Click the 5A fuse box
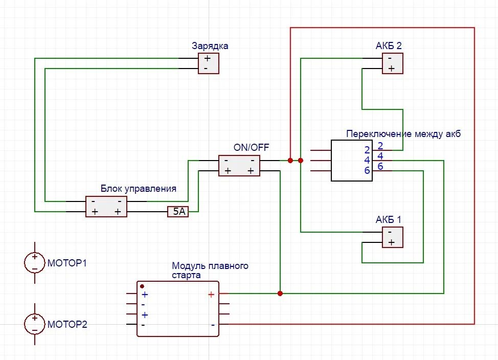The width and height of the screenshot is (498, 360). [x=178, y=211]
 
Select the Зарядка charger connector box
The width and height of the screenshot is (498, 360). [x=209, y=63]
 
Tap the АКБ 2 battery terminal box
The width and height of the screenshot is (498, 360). [x=392, y=63]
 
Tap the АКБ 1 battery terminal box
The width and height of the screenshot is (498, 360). [x=392, y=237]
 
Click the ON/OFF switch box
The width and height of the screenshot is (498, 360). [x=239, y=166]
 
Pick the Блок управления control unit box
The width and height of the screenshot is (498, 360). [x=106, y=207]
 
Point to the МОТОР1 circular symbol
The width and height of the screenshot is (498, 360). [x=34, y=263]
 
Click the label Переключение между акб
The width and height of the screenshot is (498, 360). [x=403, y=134]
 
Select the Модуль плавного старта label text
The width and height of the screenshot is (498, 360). [x=210, y=271]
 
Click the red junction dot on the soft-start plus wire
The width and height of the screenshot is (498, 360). [x=280, y=294]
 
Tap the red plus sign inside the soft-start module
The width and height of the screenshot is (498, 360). [x=211, y=295]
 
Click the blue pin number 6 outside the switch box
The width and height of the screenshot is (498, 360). [x=380, y=167]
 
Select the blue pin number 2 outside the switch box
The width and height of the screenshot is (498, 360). [x=380, y=145]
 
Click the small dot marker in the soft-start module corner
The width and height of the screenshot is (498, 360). [x=142, y=286]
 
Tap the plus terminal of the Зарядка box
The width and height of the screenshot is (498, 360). [x=207, y=58]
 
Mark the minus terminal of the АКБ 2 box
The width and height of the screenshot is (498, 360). [x=390, y=58]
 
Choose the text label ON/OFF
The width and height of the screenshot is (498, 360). [x=251, y=148]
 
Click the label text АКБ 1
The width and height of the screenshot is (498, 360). [x=389, y=219]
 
